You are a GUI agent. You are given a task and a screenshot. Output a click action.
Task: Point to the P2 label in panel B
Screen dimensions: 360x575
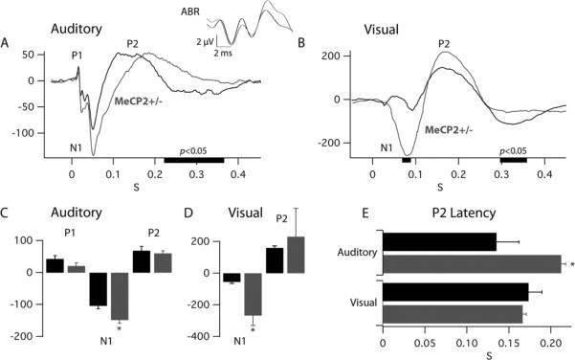click(444, 43)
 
